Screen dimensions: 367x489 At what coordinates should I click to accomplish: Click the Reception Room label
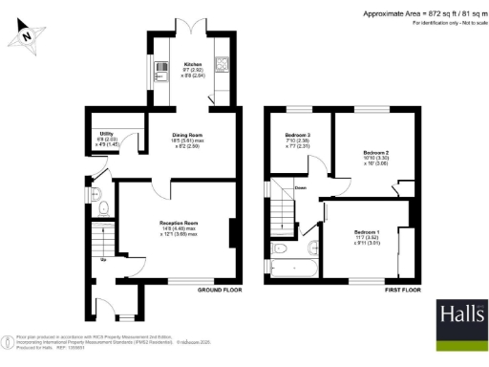178,226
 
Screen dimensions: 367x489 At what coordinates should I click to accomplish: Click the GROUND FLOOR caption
220,289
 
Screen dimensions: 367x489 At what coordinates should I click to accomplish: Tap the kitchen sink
159,66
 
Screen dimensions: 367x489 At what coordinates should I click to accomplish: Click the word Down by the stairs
300,188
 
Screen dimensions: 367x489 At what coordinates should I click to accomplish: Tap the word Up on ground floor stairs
103,259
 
